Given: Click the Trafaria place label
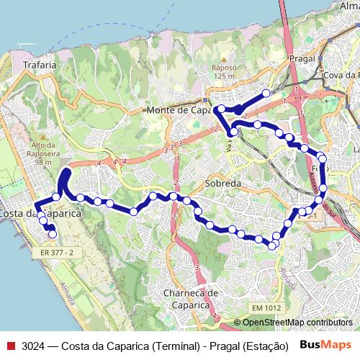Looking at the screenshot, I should point(40,65).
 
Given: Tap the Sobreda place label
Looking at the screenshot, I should point(222,184).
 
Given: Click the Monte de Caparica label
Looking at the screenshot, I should point(176,110).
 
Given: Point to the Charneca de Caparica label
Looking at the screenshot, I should point(191,298).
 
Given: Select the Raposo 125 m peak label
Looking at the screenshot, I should point(223,71).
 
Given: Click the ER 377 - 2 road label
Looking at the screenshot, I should point(58,253).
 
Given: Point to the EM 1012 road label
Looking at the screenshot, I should point(267,308).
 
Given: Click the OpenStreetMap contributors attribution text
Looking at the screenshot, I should point(297,323).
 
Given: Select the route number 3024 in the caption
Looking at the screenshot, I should point(34,346).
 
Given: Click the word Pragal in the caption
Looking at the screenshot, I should point(224,346).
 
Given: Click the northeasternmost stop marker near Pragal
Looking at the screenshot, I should point(266,93).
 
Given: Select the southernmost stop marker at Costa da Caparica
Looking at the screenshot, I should point(52,233).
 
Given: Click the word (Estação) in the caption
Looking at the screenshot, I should point(266,346).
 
